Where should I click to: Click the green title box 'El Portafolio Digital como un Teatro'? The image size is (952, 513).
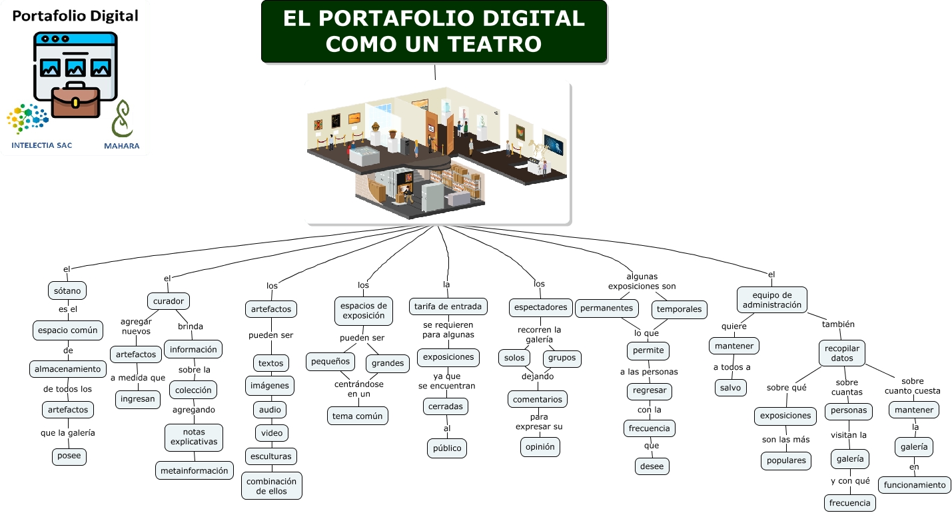point(434,31)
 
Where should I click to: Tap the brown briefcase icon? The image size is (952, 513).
point(75,101)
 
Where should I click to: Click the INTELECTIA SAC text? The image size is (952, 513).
point(42,145)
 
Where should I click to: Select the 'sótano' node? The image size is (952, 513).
point(67,290)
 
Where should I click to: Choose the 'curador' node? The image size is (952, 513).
point(169,301)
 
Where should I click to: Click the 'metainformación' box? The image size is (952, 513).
point(195,470)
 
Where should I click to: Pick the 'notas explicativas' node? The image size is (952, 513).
point(194,437)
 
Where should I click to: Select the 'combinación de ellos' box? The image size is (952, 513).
point(271,486)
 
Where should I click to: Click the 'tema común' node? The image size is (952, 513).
point(358,416)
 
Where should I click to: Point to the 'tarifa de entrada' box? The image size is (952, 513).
point(448,306)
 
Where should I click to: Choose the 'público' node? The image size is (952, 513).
point(447,448)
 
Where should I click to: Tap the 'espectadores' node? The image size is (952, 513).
point(540,307)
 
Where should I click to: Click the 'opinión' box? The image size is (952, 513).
point(540,446)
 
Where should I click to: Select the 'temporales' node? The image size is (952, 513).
point(680,309)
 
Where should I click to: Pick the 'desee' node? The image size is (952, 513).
point(652,466)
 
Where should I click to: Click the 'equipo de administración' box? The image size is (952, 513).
point(771,300)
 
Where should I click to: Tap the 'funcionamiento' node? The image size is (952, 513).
point(915,485)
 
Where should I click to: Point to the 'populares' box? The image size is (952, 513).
point(786,460)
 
